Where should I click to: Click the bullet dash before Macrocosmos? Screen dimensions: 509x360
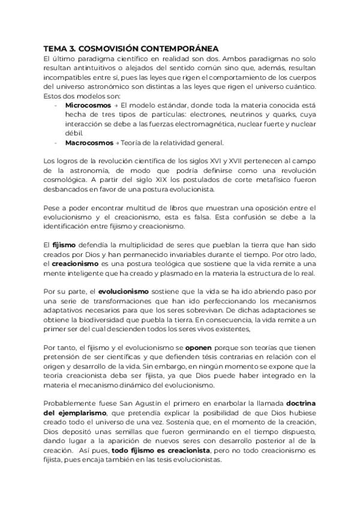point(55,143)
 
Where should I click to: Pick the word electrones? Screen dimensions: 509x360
point(204,115)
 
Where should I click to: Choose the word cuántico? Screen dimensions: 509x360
point(298,87)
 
